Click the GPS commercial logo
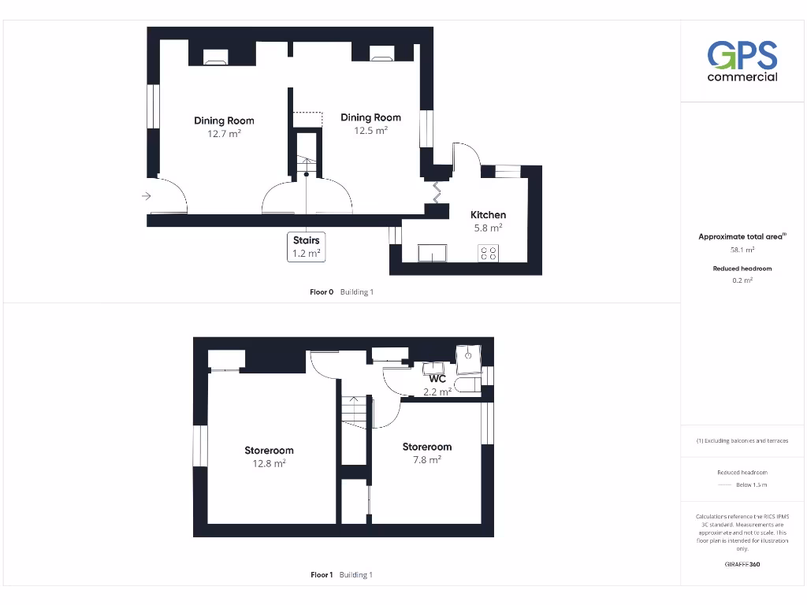[x=742, y=61]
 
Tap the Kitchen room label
[x=488, y=215]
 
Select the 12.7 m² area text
[x=224, y=134]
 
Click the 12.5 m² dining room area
[x=370, y=131]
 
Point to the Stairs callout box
[x=307, y=246]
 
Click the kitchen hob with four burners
[x=489, y=253]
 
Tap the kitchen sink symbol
[x=432, y=252]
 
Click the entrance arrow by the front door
[x=147, y=196]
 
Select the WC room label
[x=437, y=379]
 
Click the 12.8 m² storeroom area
[x=269, y=464]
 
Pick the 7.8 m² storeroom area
[x=426, y=460]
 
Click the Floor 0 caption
[x=322, y=292]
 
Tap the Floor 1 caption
[x=322, y=575]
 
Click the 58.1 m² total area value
[x=742, y=250]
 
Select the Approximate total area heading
[x=742, y=236]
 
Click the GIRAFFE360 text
[x=742, y=564]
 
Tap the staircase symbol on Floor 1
[x=354, y=410]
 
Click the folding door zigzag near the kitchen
[x=434, y=191]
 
